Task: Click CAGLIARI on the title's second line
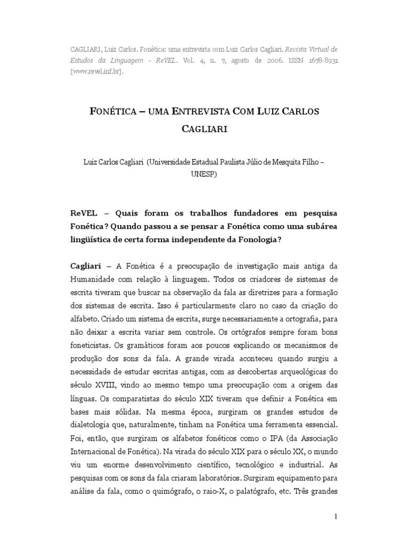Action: tap(204, 130)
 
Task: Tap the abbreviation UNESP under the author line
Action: tap(204, 173)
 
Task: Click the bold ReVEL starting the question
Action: tap(84, 213)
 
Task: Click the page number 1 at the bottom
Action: tap(336, 516)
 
